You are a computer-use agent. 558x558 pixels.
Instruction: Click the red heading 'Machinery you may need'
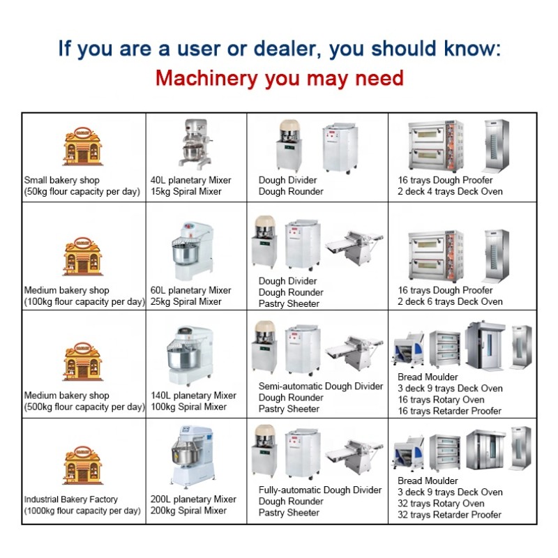click(279, 77)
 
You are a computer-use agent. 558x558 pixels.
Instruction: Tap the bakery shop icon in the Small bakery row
click(82, 146)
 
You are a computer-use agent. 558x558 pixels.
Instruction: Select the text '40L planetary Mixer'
click(190, 180)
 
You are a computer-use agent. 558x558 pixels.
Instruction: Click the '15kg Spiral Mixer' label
click(186, 191)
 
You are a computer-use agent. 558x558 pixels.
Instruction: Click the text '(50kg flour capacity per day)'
click(82, 191)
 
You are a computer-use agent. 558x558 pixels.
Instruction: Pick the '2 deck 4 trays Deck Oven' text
click(450, 191)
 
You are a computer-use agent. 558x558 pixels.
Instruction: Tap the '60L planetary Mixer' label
click(190, 290)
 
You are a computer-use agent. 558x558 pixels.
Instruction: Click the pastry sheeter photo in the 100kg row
click(354, 246)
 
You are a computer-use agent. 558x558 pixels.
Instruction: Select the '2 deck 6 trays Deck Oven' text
click(450, 301)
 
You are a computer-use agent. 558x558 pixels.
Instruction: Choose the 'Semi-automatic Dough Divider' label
click(320, 386)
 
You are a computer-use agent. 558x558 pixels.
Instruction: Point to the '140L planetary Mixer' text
click(193, 395)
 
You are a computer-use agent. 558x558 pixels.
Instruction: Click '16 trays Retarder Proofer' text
click(449, 411)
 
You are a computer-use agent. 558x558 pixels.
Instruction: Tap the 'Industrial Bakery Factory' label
click(71, 499)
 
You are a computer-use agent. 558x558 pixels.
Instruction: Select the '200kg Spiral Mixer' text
click(188, 511)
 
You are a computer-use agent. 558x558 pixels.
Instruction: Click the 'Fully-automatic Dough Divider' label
click(320, 490)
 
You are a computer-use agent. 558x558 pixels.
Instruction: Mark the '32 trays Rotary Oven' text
click(441, 504)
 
